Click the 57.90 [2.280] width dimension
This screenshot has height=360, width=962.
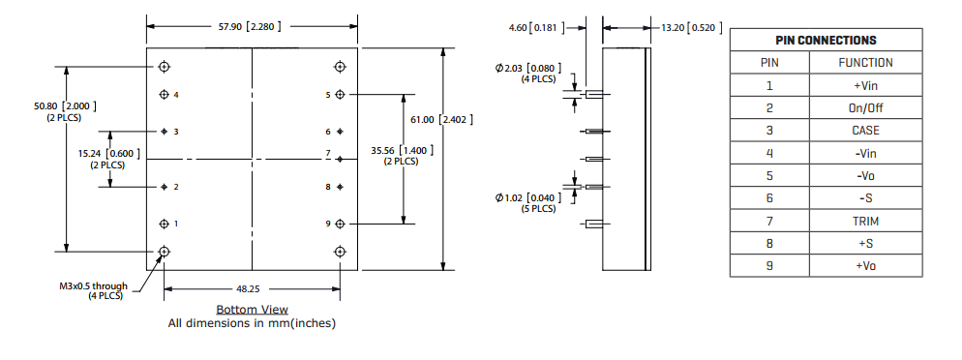[x=251, y=26]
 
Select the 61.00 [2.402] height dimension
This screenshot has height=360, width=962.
[x=441, y=120]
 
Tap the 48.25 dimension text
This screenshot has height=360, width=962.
[x=252, y=288]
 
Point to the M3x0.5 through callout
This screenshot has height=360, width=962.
[x=93, y=290]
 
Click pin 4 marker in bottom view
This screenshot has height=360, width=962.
[x=164, y=95]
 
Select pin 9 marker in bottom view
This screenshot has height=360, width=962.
[x=341, y=224]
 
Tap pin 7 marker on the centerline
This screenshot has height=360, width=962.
[x=341, y=159]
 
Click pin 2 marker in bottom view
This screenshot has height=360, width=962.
[x=164, y=187]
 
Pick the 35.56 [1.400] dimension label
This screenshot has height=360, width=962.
[x=402, y=155]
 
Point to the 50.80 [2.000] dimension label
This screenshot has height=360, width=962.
[x=65, y=111]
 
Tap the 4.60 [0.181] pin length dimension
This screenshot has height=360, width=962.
[x=536, y=27]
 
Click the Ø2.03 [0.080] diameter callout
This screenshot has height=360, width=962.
[x=528, y=73]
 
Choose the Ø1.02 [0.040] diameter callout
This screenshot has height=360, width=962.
[x=528, y=202]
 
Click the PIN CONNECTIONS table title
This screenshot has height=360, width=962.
[x=826, y=41]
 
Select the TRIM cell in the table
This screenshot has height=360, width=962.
[x=865, y=221]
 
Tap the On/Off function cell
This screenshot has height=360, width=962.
[x=865, y=108]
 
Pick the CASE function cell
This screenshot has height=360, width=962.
[x=865, y=131]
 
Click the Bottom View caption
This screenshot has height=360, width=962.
[x=253, y=310]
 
